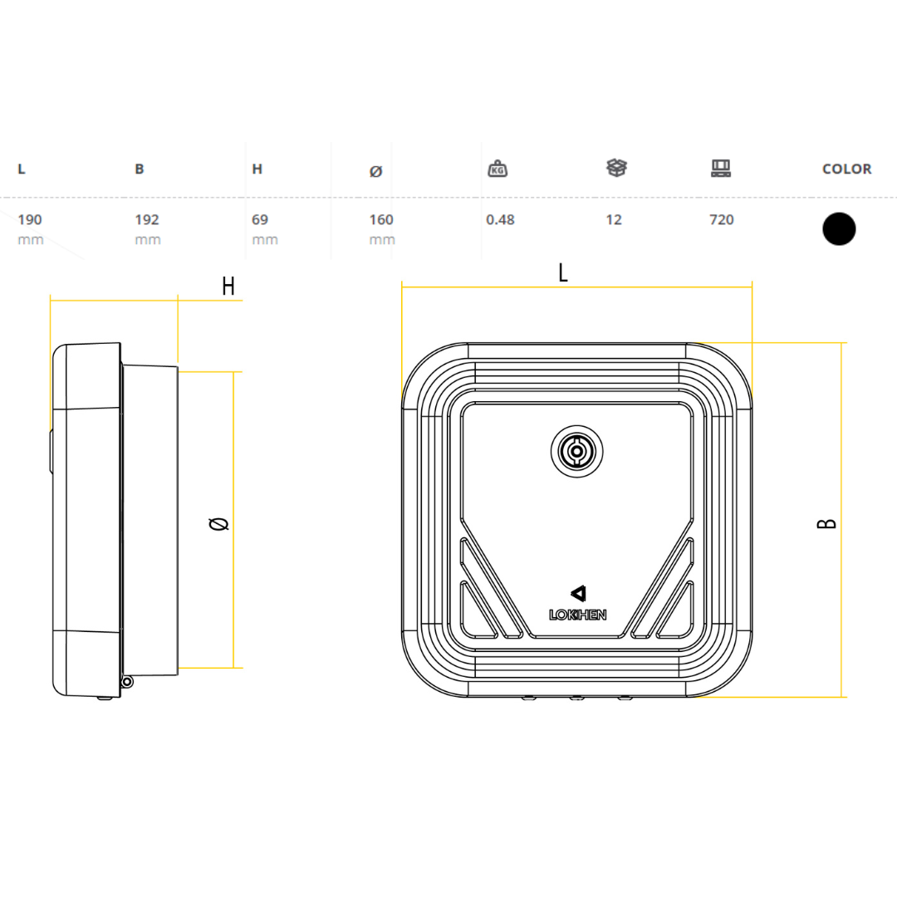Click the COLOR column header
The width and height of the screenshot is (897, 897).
[x=846, y=169]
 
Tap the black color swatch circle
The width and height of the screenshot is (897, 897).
[x=839, y=228]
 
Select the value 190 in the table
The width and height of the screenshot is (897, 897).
[x=30, y=220]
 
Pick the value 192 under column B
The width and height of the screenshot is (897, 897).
[x=147, y=220]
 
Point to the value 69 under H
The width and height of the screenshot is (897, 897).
[x=260, y=220]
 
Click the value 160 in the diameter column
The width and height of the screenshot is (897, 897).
[x=381, y=220]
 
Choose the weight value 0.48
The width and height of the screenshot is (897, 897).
[x=500, y=220]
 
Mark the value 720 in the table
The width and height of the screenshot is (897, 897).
[x=722, y=220]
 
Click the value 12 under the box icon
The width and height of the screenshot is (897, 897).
[x=614, y=220]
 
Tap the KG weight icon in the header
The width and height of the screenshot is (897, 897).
[x=498, y=169]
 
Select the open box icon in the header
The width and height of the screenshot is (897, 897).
[x=616, y=168]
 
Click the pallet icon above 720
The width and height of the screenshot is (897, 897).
[x=721, y=169]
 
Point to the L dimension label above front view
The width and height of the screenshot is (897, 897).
[x=563, y=273]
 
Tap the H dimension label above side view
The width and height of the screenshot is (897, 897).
[x=228, y=287]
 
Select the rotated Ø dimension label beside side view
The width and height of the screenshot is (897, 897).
[x=219, y=523]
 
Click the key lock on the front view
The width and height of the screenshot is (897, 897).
[x=576, y=453]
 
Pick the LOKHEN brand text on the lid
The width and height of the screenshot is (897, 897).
[x=578, y=615]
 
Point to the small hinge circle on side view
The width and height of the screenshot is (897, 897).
[x=126, y=682]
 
